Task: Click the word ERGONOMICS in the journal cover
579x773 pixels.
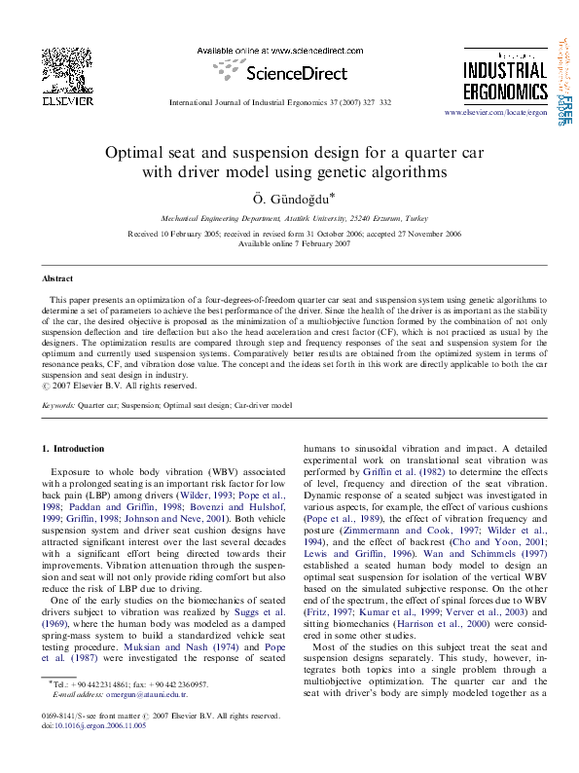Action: click(504, 90)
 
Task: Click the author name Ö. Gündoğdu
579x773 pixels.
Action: click(288, 199)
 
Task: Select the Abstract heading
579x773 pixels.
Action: click(57, 278)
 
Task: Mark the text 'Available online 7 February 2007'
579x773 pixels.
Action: click(288, 243)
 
